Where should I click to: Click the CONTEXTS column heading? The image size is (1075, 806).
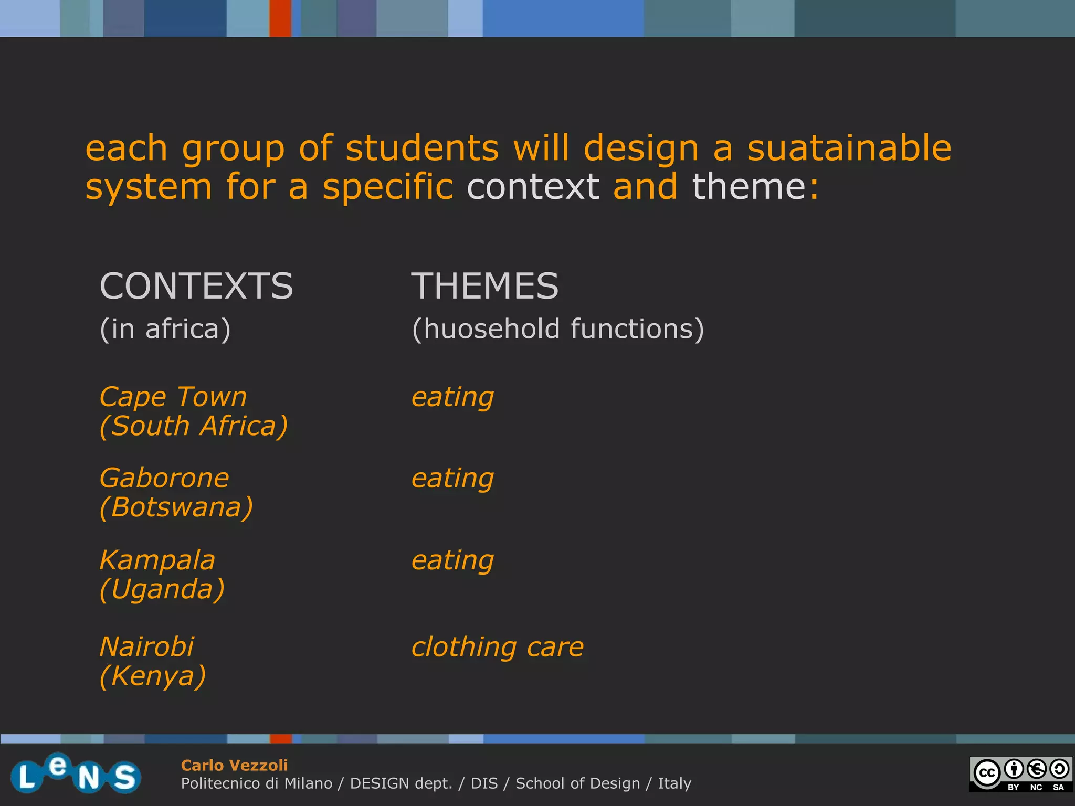tap(196, 287)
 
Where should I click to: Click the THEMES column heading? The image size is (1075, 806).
tap(484, 287)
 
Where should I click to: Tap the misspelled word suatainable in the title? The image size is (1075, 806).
tap(849, 148)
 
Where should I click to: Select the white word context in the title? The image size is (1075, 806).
tap(533, 187)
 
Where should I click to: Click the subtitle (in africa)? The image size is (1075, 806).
tap(165, 330)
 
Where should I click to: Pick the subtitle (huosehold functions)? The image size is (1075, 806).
tap(557, 330)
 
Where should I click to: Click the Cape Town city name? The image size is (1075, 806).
tap(173, 397)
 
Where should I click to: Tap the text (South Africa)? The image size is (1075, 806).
tap(194, 426)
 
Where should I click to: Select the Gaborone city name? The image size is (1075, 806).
tap(164, 479)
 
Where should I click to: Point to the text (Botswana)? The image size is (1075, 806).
tap(176, 507)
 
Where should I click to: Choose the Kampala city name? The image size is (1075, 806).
tap(157, 560)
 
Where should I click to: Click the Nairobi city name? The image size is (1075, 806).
tap(147, 647)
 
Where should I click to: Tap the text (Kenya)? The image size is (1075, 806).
tap(153, 676)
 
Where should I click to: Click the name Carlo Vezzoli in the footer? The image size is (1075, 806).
tap(234, 766)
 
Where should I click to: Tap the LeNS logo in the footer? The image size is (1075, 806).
tap(76, 774)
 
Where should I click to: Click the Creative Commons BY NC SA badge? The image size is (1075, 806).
tap(1020, 774)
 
